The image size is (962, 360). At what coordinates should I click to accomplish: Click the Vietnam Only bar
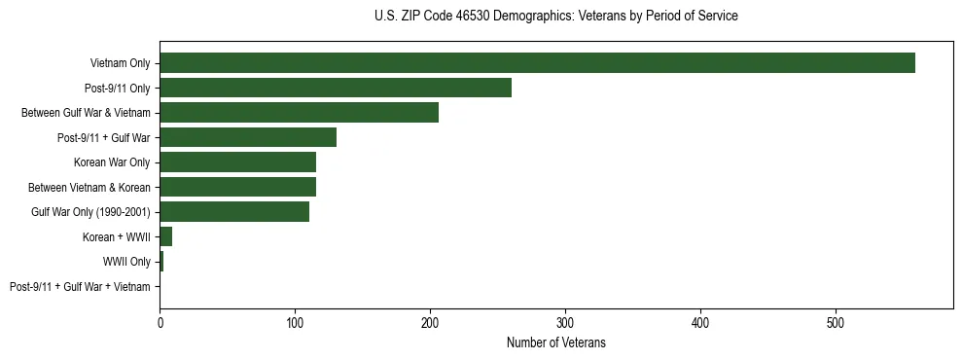tap(537, 63)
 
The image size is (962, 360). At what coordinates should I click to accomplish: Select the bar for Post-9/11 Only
tap(336, 89)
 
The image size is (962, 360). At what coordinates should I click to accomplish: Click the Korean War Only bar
tap(237, 162)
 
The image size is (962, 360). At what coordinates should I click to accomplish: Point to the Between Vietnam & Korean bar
tap(237, 187)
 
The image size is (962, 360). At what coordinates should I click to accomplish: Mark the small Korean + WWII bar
tap(166, 236)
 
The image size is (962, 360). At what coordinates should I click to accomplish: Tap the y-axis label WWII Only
tap(126, 262)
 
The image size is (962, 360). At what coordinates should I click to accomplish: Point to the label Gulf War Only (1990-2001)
tap(90, 212)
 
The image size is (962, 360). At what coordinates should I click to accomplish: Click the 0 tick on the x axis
tap(160, 322)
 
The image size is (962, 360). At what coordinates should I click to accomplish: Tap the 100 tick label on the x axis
tap(295, 322)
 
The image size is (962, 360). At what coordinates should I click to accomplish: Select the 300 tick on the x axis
tap(565, 322)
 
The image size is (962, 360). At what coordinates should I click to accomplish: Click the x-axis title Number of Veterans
tap(555, 342)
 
